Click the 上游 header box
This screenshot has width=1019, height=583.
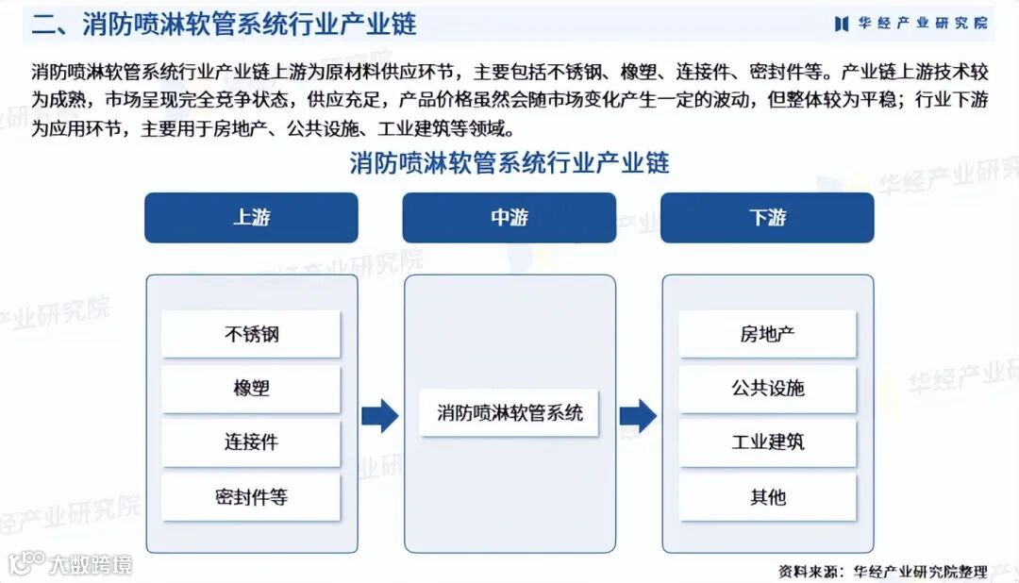click(x=251, y=218)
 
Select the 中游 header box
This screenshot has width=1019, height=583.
click(x=509, y=218)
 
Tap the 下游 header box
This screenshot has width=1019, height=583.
click(x=767, y=218)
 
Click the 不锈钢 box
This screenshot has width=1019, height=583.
click(x=251, y=334)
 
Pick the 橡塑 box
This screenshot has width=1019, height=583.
click(x=251, y=389)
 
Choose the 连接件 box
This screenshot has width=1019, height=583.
click(x=251, y=442)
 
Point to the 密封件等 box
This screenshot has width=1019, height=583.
click(x=251, y=496)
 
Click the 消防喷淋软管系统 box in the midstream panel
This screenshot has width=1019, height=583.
click(x=509, y=413)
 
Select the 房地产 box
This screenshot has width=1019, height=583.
click(x=767, y=334)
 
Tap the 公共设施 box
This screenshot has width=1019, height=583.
click(x=767, y=389)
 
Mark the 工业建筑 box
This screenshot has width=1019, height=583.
click(x=767, y=442)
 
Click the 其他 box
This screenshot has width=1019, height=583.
click(x=767, y=496)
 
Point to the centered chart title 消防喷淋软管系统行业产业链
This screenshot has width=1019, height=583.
click(x=509, y=163)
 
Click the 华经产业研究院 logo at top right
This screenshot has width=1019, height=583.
click(x=910, y=24)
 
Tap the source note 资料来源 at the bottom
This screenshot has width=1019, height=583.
click(x=882, y=571)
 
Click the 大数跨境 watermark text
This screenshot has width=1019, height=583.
click(x=91, y=564)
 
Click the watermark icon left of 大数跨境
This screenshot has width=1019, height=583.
click(x=25, y=563)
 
